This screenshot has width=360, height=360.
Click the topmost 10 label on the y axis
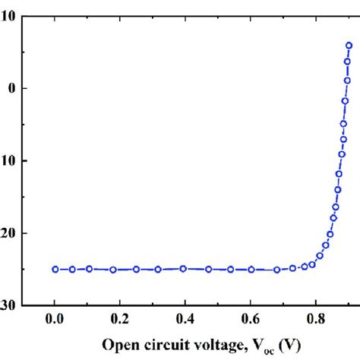[x=8, y=16]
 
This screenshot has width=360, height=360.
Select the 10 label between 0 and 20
[x=8, y=161]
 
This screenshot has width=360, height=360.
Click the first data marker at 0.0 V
[x=55, y=269]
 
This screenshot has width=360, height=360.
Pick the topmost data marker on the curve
[x=349, y=46]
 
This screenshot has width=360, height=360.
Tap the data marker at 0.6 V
[x=251, y=270]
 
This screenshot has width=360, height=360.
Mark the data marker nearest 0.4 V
[x=183, y=268]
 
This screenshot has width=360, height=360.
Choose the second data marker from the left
[x=73, y=269]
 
